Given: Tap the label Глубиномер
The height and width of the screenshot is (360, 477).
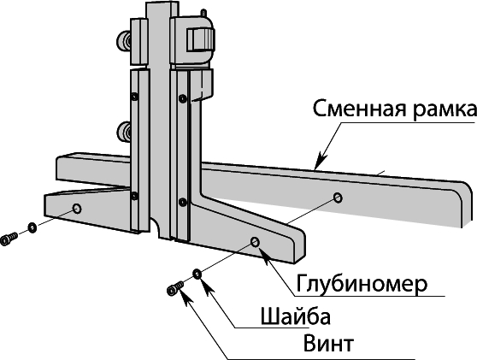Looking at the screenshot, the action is (362, 284).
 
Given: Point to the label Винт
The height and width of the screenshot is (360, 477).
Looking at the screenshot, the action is (328, 343).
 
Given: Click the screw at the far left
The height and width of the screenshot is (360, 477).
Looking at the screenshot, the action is (9, 239).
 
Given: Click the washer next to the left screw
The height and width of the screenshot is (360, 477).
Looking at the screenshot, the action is (32, 227).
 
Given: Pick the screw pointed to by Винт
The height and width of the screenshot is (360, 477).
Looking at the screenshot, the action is (175, 288).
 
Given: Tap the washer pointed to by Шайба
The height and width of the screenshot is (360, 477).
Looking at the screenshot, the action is (197, 274).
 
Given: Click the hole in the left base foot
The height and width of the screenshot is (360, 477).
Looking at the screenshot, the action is (77, 209).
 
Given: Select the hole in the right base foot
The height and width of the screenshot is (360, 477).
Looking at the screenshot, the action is (255, 242).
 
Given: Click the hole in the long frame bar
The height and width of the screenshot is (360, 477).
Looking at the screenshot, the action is (338, 198).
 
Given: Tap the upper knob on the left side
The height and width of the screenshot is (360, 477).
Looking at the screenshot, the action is (125, 41).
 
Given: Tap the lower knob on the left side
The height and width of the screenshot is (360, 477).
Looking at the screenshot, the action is (125, 132).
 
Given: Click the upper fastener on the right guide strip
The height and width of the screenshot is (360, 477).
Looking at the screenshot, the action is (183, 98).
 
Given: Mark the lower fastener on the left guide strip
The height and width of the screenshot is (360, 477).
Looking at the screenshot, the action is (134, 196).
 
